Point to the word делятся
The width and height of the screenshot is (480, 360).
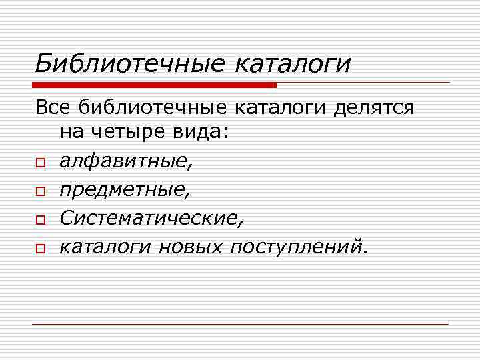pos(377,107)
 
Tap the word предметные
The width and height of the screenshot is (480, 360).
pos(124,191)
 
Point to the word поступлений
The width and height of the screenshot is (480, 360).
pos(297,247)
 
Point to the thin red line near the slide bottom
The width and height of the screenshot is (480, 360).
pos(240,324)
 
